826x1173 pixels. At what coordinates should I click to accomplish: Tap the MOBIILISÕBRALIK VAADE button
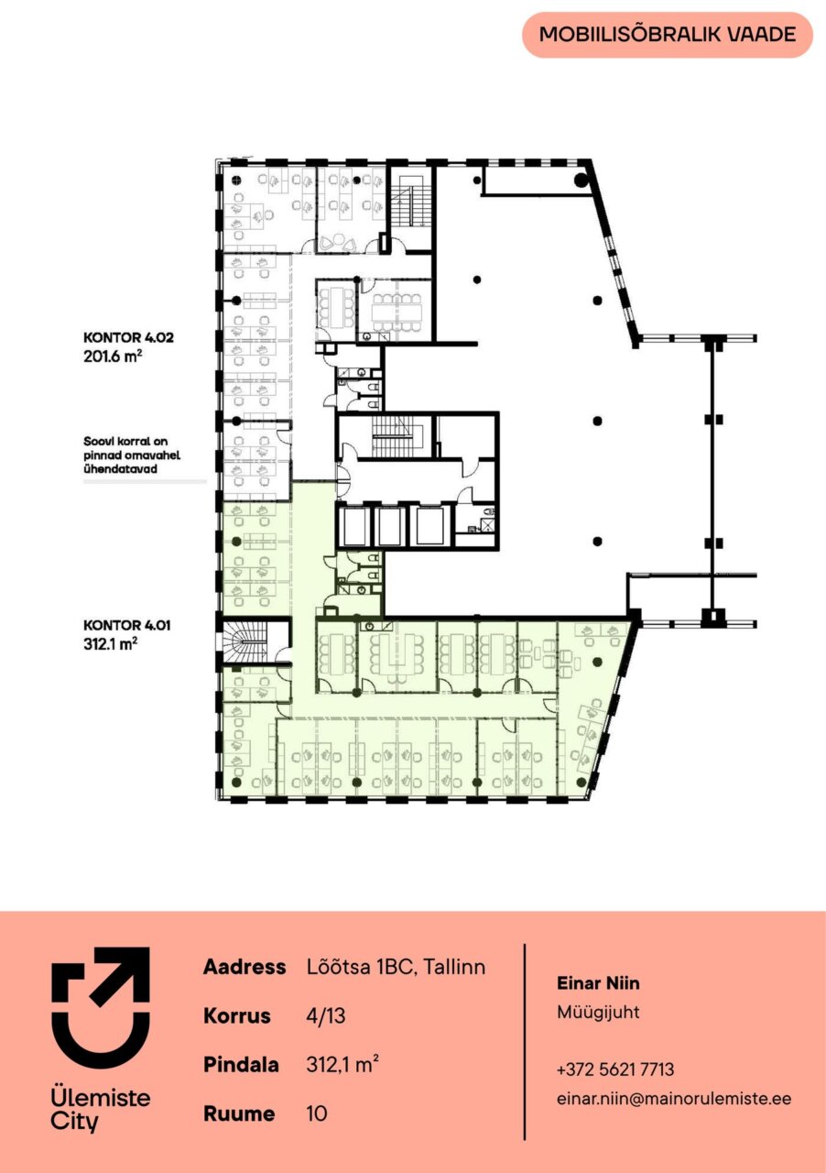click(x=668, y=35)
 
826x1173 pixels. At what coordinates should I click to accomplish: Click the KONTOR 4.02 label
click(x=128, y=337)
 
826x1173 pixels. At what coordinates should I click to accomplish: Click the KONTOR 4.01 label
click(x=127, y=625)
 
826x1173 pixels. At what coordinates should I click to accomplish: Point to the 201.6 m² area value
click(x=113, y=356)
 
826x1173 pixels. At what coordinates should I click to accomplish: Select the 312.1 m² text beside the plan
click(x=111, y=643)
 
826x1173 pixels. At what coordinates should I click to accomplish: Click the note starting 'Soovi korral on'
click(x=132, y=455)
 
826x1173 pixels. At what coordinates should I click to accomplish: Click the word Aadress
click(x=245, y=967)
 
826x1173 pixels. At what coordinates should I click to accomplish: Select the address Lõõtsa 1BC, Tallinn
click(x=396, y=967)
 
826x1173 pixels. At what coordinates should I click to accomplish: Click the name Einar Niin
click(x=598, y=983)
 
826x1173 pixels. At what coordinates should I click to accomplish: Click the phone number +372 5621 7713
click(x=615, y=1069)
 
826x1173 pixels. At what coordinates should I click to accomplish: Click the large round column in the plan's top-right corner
click(x=581, y=181)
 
